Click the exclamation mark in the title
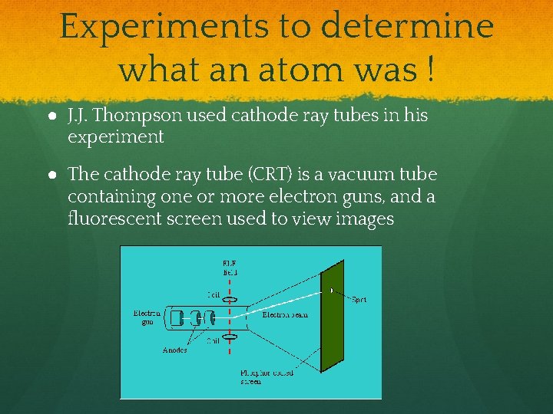coord(428,70)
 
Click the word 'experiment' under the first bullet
coord(115,137)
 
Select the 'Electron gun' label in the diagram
coord(147,317)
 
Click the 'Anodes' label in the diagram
coord(175,350)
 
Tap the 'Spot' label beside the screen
coord(359,300)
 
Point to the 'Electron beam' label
coord(286,315)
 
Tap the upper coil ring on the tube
coord(230,300)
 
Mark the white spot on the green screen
coord(331,291)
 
